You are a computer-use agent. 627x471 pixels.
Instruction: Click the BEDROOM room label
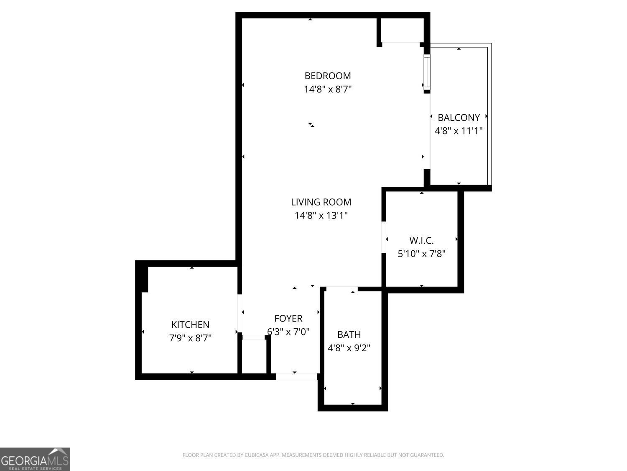[x=327, y=76]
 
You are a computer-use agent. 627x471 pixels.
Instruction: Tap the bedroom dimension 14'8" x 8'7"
[x=327, y=89]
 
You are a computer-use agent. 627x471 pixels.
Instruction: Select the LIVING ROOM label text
[x=321, y=202]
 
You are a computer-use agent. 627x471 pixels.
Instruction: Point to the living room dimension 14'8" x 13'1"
[x=321, y=216]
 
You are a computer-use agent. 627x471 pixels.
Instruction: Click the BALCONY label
[x=459, y=118]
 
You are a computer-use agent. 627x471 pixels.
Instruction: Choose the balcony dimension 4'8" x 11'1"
[x=459, y=131]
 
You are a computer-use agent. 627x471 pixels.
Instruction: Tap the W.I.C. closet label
[x=421, y=241]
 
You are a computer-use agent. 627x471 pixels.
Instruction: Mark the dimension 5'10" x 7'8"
[x=421, y=254]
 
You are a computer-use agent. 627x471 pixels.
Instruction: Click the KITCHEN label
[x=190, y=324]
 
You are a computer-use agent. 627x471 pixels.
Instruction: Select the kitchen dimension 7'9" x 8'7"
[x=190, y=338]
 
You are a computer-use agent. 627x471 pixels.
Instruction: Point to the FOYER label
[x=288, y=319]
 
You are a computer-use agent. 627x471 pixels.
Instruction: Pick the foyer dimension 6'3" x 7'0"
[x=288, y=332]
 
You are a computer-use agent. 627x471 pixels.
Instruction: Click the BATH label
[x=349, y=335]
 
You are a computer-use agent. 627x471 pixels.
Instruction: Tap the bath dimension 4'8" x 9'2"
[x=349, y=348]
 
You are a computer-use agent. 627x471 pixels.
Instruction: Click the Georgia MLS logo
[x=35, y=459]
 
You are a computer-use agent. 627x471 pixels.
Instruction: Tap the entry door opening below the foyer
[x=296, y=376]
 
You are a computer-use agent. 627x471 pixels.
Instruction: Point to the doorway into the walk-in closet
[x=384, y=237]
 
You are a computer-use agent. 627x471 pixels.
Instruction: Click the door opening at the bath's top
[x=342, y=289]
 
